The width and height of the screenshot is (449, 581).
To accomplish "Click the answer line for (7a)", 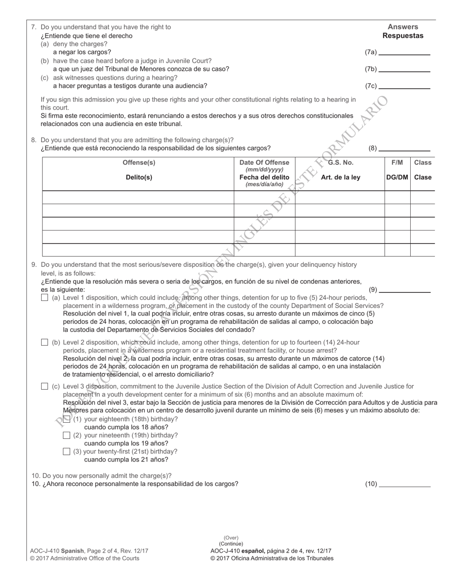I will click(404, 53).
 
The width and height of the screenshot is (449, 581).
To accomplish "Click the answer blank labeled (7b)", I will click(404, 69).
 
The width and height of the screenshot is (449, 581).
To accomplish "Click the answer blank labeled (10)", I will click(404, 484).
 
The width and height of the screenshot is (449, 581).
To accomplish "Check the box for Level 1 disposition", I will click(44, 298).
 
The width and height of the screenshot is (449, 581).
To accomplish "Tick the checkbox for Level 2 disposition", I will click(44, 342).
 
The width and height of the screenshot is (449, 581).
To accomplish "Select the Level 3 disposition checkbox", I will click(44, 386).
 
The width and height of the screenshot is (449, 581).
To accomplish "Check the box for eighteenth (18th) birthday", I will click(66, 419).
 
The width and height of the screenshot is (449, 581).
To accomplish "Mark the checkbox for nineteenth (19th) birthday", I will click(66, 435).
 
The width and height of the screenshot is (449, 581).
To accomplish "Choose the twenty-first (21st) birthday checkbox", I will click(66, 452).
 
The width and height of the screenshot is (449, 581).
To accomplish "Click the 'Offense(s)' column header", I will click(138, 162).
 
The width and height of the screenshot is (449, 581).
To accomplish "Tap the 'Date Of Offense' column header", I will click(264, 162).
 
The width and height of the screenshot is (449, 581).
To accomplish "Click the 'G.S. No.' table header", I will click(340, 162).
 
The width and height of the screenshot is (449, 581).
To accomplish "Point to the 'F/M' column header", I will click(397, 162).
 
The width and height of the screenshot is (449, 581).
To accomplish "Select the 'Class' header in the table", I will click(423, 162).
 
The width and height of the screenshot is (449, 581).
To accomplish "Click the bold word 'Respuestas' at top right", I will click(403, 36).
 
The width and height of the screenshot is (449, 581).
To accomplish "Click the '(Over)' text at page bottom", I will click(231, 538).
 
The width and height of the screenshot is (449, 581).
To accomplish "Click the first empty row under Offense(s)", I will click(138, 197).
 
